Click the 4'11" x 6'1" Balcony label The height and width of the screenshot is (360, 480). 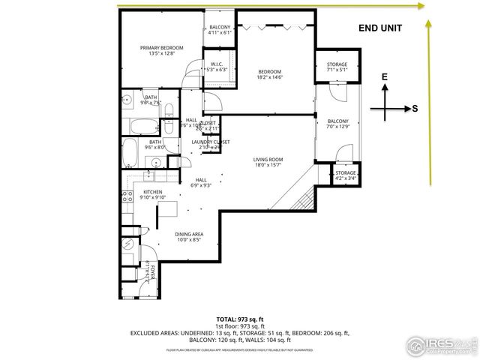(221, 29)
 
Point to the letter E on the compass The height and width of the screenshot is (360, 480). (384, 77)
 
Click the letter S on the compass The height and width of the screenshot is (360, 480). (415, 108)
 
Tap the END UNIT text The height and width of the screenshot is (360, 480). (380, 28)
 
